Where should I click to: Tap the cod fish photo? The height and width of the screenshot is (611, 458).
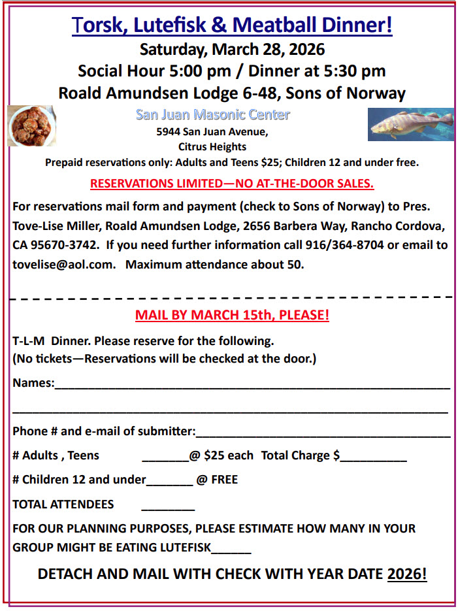coord(410,124)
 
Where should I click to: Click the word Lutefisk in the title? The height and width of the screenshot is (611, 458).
coord(174,25)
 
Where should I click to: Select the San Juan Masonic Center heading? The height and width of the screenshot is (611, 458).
coord(212,115)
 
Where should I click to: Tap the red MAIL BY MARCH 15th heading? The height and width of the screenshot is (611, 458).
coord(232,315)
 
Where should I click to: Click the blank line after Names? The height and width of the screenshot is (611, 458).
coord(252,386)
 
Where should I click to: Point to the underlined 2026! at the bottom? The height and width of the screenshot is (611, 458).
coord(406,574)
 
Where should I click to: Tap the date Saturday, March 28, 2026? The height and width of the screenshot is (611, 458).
coord(232,50)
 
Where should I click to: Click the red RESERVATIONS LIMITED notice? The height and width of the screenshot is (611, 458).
coord(232,184)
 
